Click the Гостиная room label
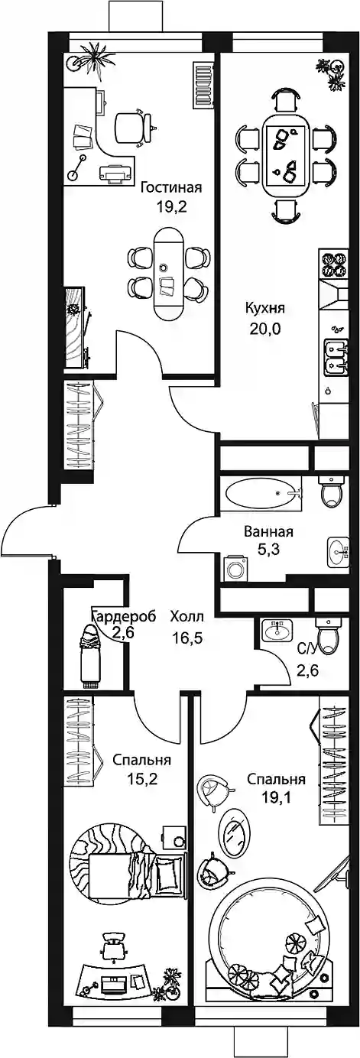(171, 187)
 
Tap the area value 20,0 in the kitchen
(264, 329)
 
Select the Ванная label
(268, 532)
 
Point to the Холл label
(187, 617)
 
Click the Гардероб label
(124, 617)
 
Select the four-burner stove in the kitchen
(335, 264)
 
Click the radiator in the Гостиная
(203, 85)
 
